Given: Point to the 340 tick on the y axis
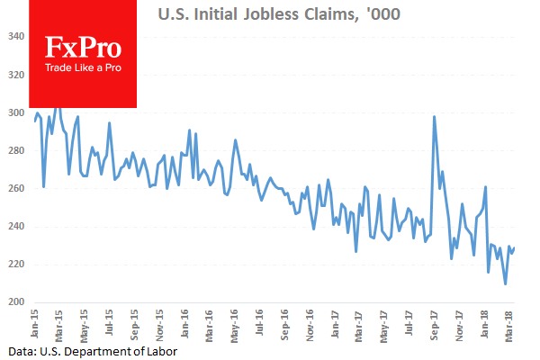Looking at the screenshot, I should [17, 37].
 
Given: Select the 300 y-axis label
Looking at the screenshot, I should [17, 112].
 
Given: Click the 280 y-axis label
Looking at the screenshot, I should [17, 150].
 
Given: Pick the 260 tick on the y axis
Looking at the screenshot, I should [17, 188].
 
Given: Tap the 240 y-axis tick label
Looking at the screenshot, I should [17, 227].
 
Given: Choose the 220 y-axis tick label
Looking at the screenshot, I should [17, 265].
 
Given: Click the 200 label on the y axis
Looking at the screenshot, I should [17, 302].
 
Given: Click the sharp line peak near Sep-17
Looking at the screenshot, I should [435, 116].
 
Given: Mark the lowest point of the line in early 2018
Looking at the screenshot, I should [505, 284].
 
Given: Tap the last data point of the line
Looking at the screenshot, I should [514, 247].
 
